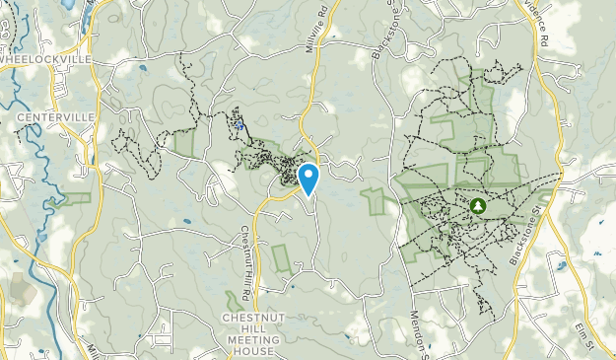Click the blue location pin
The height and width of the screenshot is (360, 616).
point(308,178)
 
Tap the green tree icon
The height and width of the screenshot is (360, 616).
point(477,205)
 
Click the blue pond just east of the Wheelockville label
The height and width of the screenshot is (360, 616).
point(144,69)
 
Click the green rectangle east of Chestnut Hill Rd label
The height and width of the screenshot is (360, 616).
point(282,257)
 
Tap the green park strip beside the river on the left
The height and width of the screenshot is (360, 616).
point(75,198)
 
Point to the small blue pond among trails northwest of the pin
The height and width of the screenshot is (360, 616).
point(240,125)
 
